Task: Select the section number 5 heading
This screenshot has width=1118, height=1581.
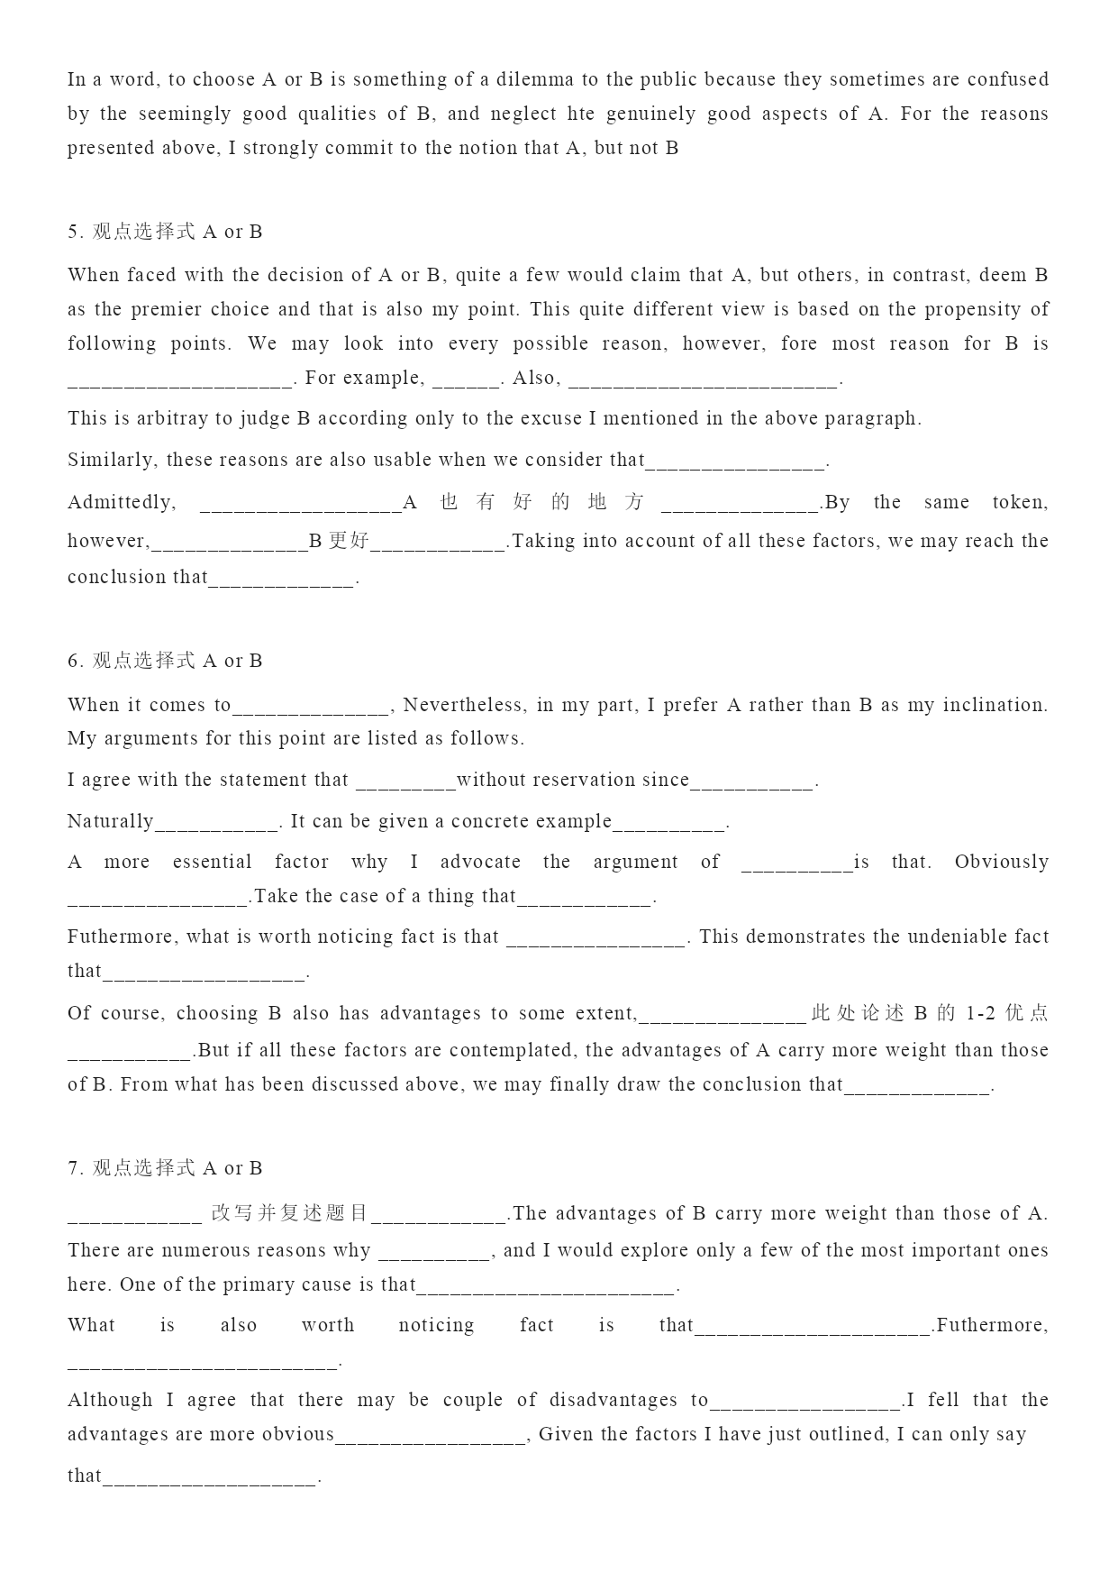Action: coord(165,232)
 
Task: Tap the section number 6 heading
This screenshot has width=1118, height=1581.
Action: coord(165,661)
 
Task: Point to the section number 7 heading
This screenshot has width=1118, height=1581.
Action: coord(165,1168)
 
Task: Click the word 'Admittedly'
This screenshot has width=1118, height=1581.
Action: coord(121,502)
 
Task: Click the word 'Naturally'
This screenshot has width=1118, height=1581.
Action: coord(110,821)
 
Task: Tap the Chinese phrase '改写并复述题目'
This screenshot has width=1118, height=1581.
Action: coord(290,1213)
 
